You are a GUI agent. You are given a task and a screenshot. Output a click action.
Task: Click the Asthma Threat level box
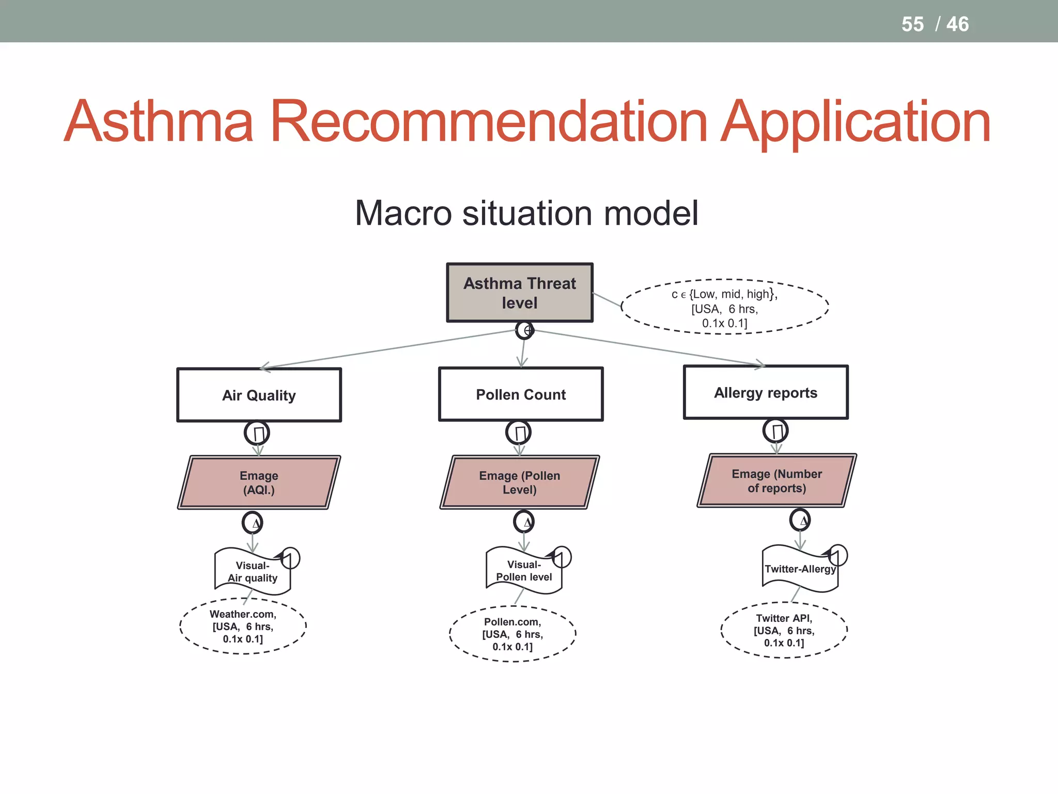(x=520, y=293)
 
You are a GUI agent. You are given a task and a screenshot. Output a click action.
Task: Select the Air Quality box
(x=259, y=395)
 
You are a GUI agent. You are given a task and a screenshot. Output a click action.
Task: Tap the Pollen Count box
(x=521, y=394)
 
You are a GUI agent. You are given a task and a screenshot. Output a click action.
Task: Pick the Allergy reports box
(x=766, y=392)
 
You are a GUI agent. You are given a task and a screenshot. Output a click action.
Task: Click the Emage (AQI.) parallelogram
(x=259, y=482)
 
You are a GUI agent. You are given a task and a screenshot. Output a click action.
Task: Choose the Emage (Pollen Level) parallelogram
(x=520, y=482)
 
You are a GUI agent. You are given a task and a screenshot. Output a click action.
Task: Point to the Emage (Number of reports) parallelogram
(x=776, y=481)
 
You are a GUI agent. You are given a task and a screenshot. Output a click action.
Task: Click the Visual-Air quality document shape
(x=253, y=572)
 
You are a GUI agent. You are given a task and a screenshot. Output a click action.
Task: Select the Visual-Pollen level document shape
(x=524, y=571)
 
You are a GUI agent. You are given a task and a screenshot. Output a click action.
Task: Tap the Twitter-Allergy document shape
(x=800, y=569)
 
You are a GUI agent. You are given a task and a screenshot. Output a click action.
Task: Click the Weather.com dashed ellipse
(x=243, y=627)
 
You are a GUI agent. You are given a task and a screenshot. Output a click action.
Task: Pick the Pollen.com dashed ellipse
(x=512, y=634)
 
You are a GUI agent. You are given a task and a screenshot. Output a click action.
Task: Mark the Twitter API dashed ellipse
(x=784, y=631)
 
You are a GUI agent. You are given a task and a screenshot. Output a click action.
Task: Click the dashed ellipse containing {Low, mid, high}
(x=725, y=308)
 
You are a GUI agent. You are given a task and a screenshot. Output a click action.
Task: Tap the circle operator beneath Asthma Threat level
(x=525, y=330)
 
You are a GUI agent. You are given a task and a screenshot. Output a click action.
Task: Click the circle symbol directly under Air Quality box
(x=257, y=433)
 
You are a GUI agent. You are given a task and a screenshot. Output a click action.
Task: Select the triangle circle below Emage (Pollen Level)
(x=524, y=522)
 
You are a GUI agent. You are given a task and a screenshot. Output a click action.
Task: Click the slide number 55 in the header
(x=912, y=24)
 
